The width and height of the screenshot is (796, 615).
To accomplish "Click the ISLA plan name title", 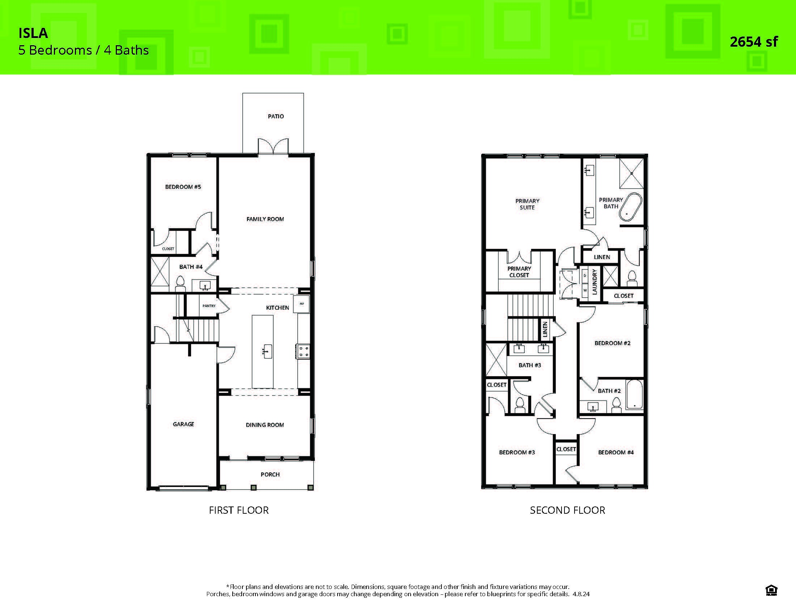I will pyautogui.click(x=33, y=33).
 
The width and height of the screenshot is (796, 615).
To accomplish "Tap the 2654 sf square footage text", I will pyautogui.click(x=753, y=42).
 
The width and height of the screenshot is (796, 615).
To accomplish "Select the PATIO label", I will pyautogui.click(x=276, y=116).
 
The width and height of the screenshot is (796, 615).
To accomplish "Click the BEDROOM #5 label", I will pyautogui.click(x=183, y=187).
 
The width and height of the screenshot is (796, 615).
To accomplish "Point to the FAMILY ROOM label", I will pyautogui.click(x=265, y=219).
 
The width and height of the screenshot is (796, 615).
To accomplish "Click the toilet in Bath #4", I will pyautogui.click(x=180, y=283).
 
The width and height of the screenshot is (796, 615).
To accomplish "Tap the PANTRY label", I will pyautogui.click(x=209, y=306).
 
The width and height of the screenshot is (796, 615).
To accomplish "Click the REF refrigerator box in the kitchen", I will pyautogui.click(x=302, y=303).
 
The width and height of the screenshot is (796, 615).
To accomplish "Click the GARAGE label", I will pyautogui.click(x=183, y=424).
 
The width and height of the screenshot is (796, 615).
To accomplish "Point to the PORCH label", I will pyautogui.click(x=270, y=474).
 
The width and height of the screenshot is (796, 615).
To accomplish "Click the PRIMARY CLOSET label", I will pyautogui.click(x=519, y=272).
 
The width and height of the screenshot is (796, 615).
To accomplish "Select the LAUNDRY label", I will pyautogui.click(x=594, y=281).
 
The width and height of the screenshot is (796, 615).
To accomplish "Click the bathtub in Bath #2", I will pyautogui.click(x=635, y=395).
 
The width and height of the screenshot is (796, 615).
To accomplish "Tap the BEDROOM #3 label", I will pyautogui.click(x=517, y=453).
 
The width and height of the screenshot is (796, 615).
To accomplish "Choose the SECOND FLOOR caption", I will pyautogui.click(x=567, y=510).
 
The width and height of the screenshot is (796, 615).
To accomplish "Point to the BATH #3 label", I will pyautogui.click(x=530, y=365).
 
